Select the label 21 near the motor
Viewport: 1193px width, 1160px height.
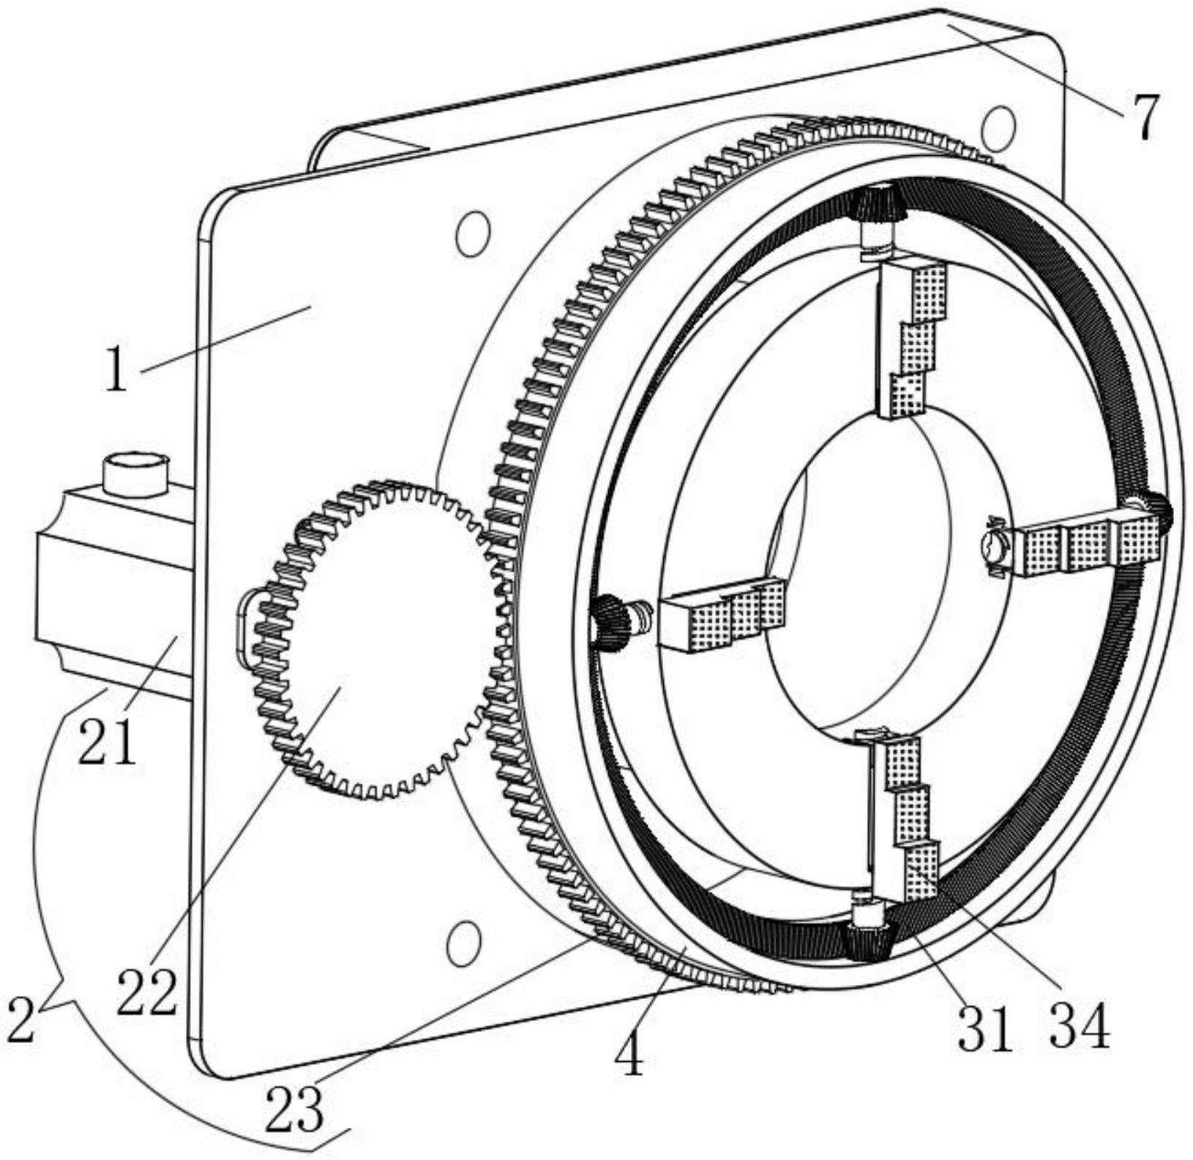(107, 741)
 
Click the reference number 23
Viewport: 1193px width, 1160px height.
(294, 1109)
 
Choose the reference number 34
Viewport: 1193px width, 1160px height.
(1080, 1025)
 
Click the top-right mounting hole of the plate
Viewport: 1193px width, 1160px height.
(998, 127)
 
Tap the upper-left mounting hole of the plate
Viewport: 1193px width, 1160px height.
(472, 233)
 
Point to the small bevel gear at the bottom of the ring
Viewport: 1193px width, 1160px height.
(867, 941)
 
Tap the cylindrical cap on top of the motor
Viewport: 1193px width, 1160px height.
(136, 474)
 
